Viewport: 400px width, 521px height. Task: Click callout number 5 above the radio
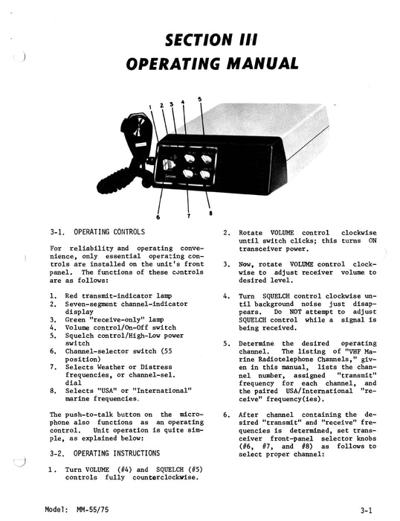[x=200, y=98]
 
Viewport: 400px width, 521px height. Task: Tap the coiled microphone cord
[x=136, y=176]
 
